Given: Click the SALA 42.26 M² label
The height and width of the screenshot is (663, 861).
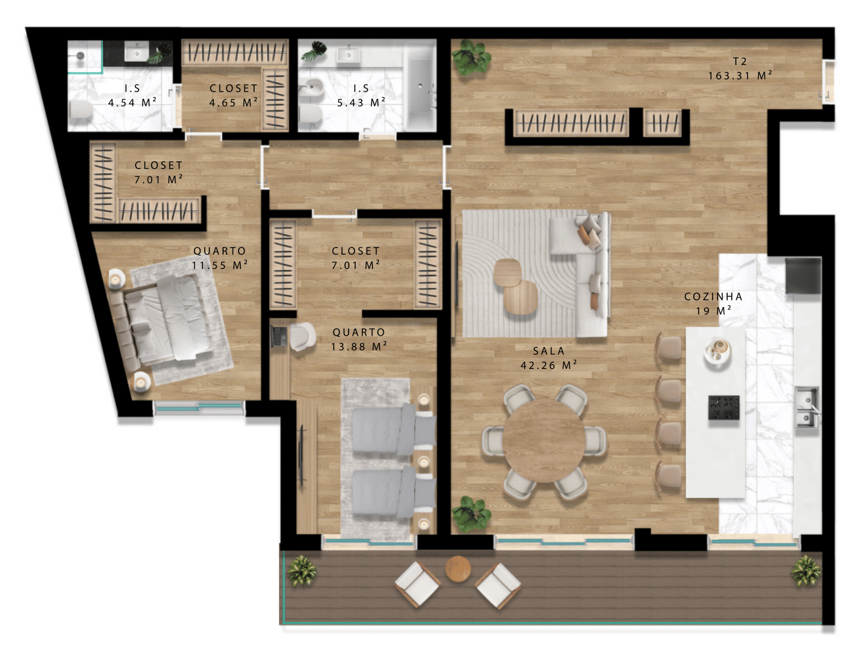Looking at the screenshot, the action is (549, 358).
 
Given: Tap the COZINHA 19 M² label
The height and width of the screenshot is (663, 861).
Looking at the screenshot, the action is (713, 304).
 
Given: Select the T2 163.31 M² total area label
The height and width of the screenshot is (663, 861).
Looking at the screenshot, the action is (740, 68).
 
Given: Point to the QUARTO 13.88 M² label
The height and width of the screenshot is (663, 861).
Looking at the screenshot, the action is (359, 339).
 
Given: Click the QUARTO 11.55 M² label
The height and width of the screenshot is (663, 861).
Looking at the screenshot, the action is (220, 258).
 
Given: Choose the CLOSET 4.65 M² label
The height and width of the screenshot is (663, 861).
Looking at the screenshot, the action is (233, 95).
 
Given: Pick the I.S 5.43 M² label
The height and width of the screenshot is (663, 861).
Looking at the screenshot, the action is (361, 95).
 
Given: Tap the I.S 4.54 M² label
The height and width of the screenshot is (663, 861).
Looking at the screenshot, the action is (132, 95).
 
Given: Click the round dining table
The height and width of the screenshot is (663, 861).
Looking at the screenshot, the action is (544, 440).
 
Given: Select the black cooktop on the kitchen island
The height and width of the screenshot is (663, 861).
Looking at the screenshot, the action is (724, 407).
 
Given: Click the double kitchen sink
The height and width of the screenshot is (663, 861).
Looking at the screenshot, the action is (807, 407).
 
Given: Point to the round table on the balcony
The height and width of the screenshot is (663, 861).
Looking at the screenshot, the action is (458, 569).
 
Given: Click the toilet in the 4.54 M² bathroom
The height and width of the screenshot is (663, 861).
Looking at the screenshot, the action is (82, 108).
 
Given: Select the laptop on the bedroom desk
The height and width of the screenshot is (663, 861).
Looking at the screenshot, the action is (279, 336).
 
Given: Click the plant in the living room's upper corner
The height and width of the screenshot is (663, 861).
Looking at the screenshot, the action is (471, 58).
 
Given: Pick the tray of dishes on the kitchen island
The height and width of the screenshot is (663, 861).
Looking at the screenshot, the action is (717, 351).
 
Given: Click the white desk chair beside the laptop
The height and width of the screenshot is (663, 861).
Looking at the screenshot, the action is (302, 337).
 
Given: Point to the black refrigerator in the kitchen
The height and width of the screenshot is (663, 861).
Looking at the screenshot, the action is (803, 276).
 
